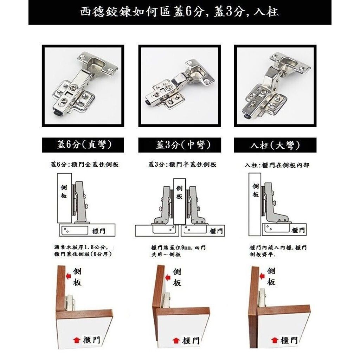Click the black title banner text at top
coord(180,12)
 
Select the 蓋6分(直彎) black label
coord(83,145)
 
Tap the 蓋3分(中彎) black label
coord(180,145)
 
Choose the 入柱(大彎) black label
coord(275,145)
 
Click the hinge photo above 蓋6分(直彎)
coord(83,86)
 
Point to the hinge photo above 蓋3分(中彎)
coord(180,86)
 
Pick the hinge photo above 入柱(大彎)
coord(275,86)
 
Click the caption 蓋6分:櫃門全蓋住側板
coord(85,165)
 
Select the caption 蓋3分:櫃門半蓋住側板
coord(182,165)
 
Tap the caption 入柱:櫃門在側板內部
coord(277,165)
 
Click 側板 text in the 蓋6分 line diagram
coord(64,192)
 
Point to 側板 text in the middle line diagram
coord(179,192)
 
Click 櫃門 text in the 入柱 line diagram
coord(298,230)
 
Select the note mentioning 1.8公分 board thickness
coord(83,251)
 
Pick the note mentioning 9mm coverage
coord(178,251)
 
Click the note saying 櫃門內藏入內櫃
coord(278,251)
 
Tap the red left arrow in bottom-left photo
coord(69,276)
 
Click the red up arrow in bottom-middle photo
coord(176,340)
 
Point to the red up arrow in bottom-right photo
coord(274,340)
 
